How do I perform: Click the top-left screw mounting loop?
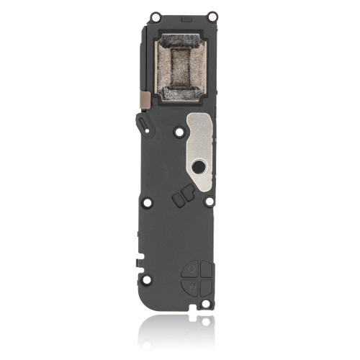[153, 14]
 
